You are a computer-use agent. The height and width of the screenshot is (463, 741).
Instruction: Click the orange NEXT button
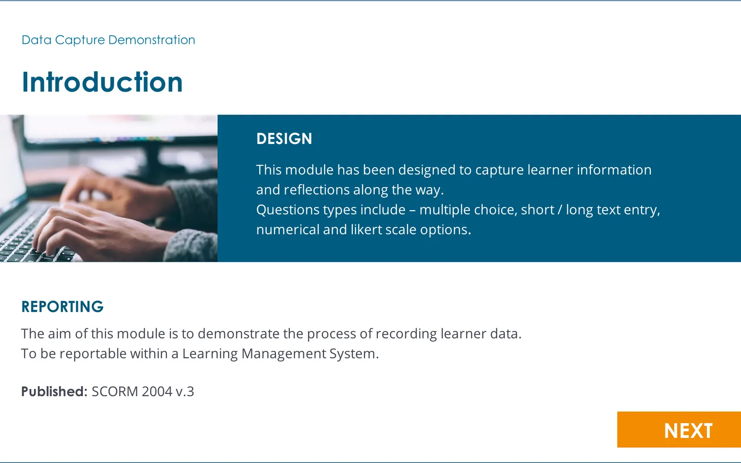[x=679, y=430]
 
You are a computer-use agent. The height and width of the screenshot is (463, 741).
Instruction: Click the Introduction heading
[x=102, y=81]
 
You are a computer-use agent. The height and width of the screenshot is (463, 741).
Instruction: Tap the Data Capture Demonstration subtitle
[x=108, y=40]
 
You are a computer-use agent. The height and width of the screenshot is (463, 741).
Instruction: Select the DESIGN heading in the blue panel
[x=284, y=138]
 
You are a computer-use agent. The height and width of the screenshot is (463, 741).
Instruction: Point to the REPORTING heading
[x=63, y=307]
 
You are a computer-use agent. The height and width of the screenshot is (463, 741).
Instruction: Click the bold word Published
[x=54, y=391]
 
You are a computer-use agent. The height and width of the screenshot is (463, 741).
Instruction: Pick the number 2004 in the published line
[x=157, y=391]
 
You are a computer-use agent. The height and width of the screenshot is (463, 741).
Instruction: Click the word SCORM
[x=115, y=391]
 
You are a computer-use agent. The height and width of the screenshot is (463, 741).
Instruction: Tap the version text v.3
[x=185, y=392]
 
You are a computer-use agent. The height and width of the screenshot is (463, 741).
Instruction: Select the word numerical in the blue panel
[x=288, y=230]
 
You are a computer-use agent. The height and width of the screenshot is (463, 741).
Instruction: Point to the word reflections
[x=317, y=190]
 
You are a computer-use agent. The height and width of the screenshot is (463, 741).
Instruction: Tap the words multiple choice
[x=468, y=210]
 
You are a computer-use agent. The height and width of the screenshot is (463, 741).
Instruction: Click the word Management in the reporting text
[x=283, y=354]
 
